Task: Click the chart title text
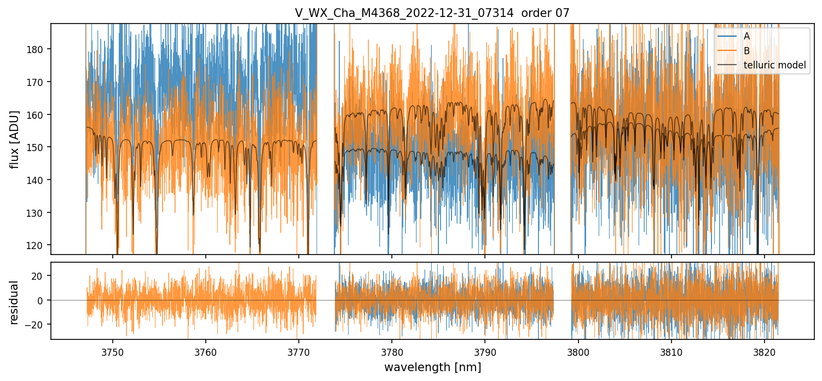click(432, 13)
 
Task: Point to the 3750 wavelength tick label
click(112, 352)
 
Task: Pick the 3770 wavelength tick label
click(299, 352)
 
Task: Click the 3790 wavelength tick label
click(485, 352)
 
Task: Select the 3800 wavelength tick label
click(578, 352)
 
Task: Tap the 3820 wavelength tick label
click(765, 352)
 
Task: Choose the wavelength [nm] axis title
click(432, 367)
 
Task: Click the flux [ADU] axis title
click(15, 139)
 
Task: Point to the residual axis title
click(15, 302)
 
